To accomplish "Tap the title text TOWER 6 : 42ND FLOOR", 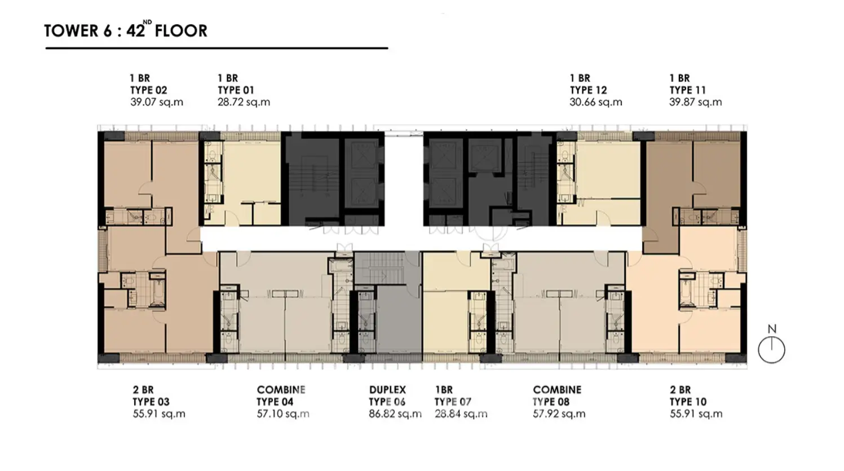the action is (126, 30).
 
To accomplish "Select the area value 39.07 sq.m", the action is (157, 102).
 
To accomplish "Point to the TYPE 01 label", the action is (236, 90).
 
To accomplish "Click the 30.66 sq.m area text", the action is (596, 102).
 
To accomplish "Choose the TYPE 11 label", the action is (688, 90).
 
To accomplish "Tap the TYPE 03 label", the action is (151, 402).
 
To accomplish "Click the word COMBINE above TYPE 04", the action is (281, 390).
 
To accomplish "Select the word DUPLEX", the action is (387, 390).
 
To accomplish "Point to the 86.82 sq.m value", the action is (395, 413).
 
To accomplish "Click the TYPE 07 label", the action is (453, 402).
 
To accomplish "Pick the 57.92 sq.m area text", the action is (559, 413).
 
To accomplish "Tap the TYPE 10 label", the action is (688, 402).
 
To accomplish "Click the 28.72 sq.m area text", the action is (244, 102).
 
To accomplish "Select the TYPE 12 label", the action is (589, 90).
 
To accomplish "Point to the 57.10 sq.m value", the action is (284, 413).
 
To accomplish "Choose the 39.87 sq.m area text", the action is (696, 102).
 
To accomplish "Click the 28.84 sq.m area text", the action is (461, 413).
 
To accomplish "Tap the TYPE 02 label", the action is (148, 90).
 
